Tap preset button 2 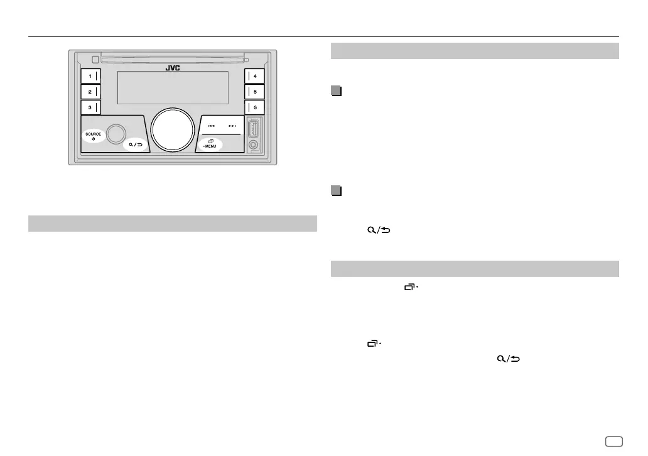pyautogui.click(x=90, y=92)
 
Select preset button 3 pyautogui.click(x=90, y=107)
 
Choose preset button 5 pyautogui.click(x=254, y=92)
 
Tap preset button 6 pyautogui.click(x=254, y=107)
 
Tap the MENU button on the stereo pyautogui.click(x=210, y=144)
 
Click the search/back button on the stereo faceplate pyautogui.click(x=134, y=145)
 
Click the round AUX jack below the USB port pyautogui.click(x=253, y=145)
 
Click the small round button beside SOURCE pyautogui.click(x=115, y=133)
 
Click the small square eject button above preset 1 pyautogui.click(x=94, y=60)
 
